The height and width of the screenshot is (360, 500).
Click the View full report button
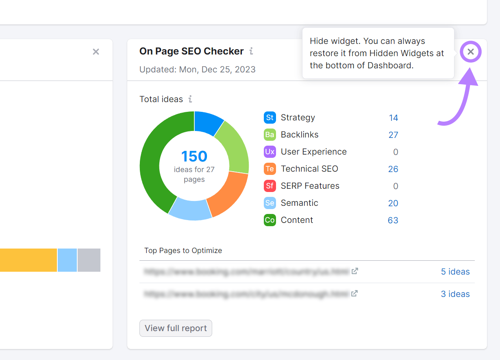176,328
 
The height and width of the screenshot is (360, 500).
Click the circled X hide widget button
471,52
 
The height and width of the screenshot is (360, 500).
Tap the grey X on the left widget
96,52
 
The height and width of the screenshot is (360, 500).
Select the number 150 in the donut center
194,156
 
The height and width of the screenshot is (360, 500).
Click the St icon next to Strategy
270,118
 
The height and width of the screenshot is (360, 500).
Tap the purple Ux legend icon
270,152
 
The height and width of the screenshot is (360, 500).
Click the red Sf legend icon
270,186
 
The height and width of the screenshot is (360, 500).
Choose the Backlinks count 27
393,135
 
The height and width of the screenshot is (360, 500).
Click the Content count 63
393,220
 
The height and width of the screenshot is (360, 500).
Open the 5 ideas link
455,272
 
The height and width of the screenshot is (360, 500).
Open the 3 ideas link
455,294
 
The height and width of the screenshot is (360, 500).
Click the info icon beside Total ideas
190,99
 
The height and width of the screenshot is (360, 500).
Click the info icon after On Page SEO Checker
251,51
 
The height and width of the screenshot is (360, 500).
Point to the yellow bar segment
28,260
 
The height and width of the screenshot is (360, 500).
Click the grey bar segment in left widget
89,260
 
